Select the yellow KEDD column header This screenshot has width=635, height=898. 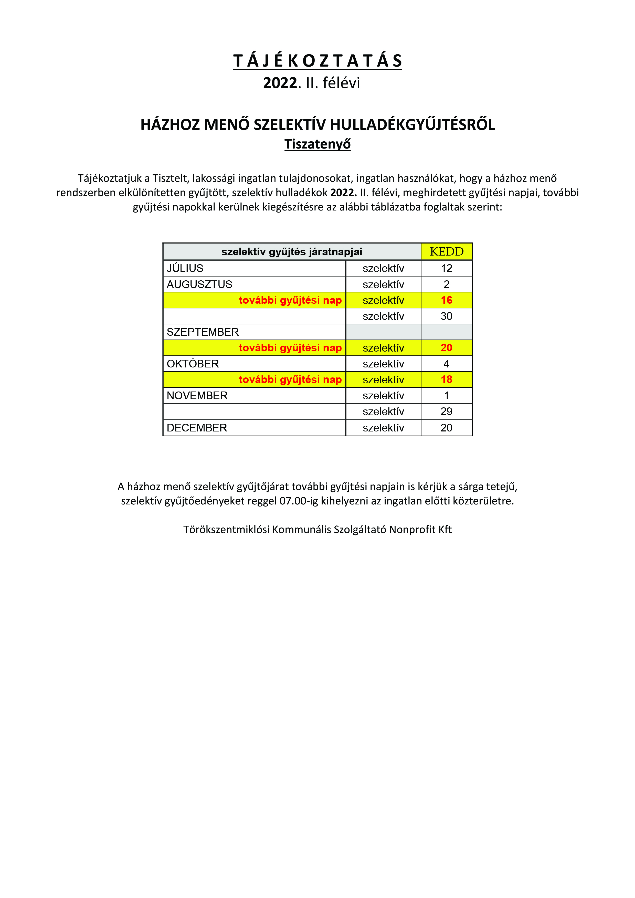[x=447, y=251]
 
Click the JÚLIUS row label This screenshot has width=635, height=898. [x=185, y=268]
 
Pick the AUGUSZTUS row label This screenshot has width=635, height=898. [x=199, y=284]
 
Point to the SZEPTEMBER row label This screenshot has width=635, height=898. [x=203, y=332]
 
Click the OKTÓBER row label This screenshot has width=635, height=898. [x=193, y=364]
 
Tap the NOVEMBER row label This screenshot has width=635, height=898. [x=197, y=395]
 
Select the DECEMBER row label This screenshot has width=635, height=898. [x=197, y=427]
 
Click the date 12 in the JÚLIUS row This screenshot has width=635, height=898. [x=447, y=268]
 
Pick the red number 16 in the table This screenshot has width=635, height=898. [x=447, y=300]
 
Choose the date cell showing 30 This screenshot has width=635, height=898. [x=447, y=316]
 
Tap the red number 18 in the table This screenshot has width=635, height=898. [x=447, y=379]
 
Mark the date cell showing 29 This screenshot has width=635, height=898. [x=447, y=411]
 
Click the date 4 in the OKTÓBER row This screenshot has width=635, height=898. [x=447, y=364]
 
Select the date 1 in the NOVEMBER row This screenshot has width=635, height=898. [x=447, y=395]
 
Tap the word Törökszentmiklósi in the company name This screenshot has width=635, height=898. [x=226, y=530]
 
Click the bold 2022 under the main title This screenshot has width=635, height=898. [x=280, y=83]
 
